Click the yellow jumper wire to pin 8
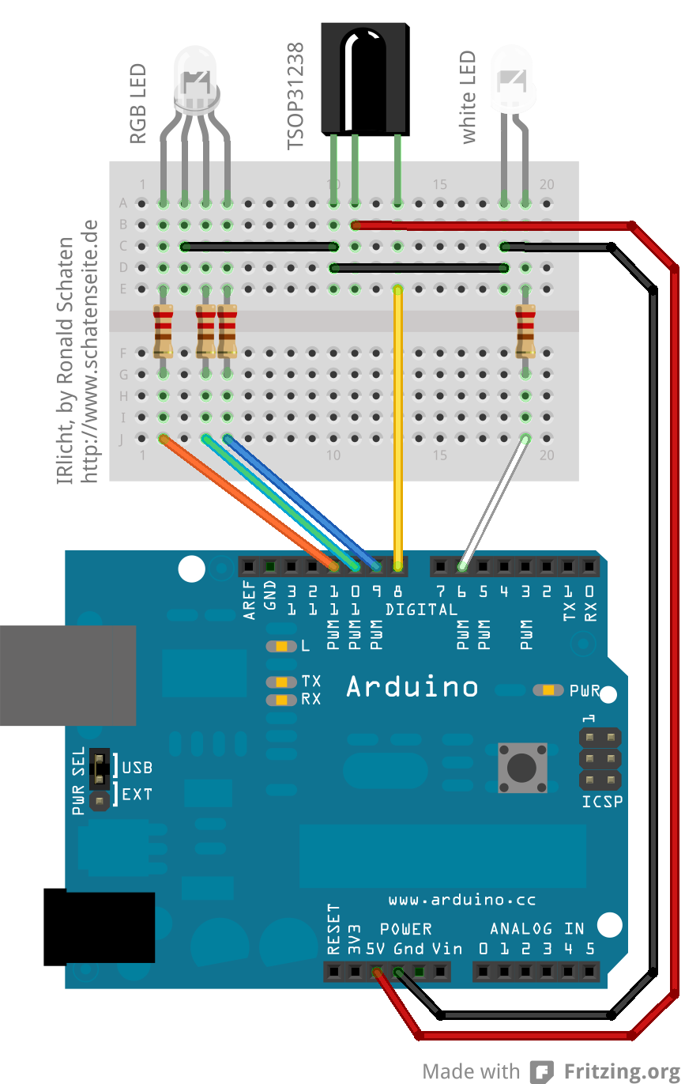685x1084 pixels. [x=398, y=427]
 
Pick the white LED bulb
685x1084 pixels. [x=513, y=79]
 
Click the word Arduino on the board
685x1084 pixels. [x=412, y=686]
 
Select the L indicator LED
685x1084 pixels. [x=280, y=646]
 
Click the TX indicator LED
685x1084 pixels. [x=280, y=682]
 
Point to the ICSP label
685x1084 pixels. [x=602, y=802]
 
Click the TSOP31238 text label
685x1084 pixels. [x=295, y=97]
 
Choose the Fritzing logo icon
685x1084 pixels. [x=541, y=1071]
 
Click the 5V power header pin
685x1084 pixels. [x=377, y=972]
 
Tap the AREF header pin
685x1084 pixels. [x=250, y=566]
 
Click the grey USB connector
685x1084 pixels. [x=67, y=674]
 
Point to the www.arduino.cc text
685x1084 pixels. [x=462, y=900]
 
